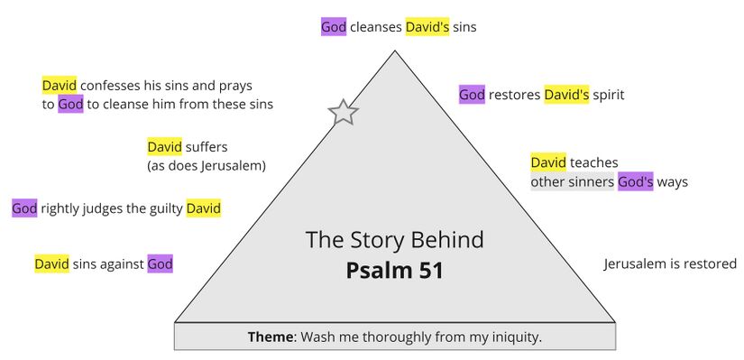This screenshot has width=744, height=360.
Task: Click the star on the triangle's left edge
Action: (x=343, y=113)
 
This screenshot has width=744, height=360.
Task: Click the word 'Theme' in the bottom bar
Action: (x=271, y=337)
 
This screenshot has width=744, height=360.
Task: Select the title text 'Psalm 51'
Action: (x=394, y=271)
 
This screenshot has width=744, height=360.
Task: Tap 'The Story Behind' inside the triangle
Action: (x=394, y=240)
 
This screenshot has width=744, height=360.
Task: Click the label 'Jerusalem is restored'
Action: (x=670, y=264)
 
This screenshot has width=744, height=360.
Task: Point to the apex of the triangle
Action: (x=395, y=51)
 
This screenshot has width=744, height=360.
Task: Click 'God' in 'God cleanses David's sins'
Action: (x=334, y=27)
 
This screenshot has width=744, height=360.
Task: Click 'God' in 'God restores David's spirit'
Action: (x=472, y=95)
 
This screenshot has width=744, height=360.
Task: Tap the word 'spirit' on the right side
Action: (x=609, y=95)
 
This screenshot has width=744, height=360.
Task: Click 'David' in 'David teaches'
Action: (x=547, y=162)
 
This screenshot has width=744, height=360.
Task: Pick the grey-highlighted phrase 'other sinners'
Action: (x=572, y=182)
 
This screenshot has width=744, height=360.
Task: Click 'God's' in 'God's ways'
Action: (x=636, y=182)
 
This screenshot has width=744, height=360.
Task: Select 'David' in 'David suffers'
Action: (x=164, y=146)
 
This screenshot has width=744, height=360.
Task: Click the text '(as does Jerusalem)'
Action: (x=206, y=166)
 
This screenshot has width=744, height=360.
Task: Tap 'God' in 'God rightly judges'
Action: (x=24, y=209)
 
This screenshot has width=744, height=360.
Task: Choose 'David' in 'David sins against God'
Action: (x=51, y=264)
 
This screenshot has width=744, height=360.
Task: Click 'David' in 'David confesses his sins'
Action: (x=59, y=86)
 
